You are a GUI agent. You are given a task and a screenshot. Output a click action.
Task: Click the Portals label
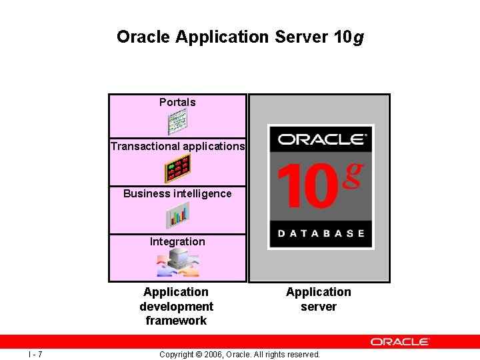pyautogui.click(x=177, y=102)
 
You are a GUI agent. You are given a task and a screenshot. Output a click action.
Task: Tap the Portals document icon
pyautogui.click(x=177, y=122)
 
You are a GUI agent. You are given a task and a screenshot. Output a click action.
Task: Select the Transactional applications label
pyautogui.click(x=177, y=146)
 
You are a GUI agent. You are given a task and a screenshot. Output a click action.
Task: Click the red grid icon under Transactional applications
pyautogui.click(x=178, y=168)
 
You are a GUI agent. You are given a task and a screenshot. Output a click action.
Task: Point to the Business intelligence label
pyautogui.click(x=177, y=194)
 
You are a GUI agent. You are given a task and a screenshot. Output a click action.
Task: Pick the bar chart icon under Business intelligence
pyautogui.click(x=178, y=215)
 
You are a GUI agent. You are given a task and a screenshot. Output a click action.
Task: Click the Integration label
pyautogui.click(x=177, y=241)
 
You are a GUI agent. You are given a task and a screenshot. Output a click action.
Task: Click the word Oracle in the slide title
pyautogui.click(x=143, y=37)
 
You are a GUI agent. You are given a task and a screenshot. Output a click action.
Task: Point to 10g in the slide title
pyautogui.click(x=347, y=37)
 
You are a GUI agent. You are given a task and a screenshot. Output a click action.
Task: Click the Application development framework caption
pyautogui.click(x=176, y=306)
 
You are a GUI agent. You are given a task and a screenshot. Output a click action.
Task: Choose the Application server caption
pyautogui.click(x=319, y=299)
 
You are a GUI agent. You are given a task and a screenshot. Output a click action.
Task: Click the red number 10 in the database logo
pyautogui.click(x=306, y=186)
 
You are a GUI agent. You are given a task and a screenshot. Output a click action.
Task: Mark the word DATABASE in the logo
pyautogui.click(x=321, y=233)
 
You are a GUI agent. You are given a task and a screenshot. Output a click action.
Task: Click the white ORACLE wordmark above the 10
pyautogui.click(x=321, y=139)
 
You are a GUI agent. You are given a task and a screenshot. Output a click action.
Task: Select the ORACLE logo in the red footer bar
pyautogui.click(x=400, y=341)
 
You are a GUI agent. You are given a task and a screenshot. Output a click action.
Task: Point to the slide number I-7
pyautogui.click(x=36, y=354)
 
